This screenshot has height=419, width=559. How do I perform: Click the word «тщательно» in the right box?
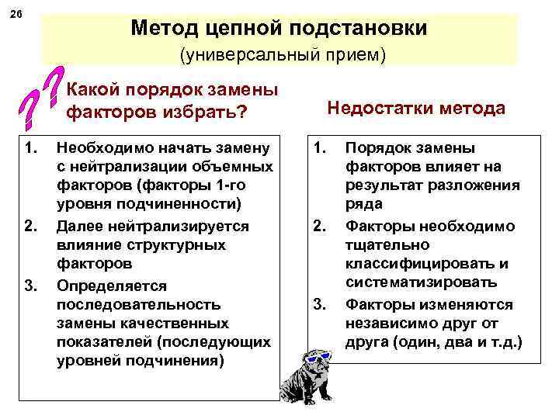tap(382, 245)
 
